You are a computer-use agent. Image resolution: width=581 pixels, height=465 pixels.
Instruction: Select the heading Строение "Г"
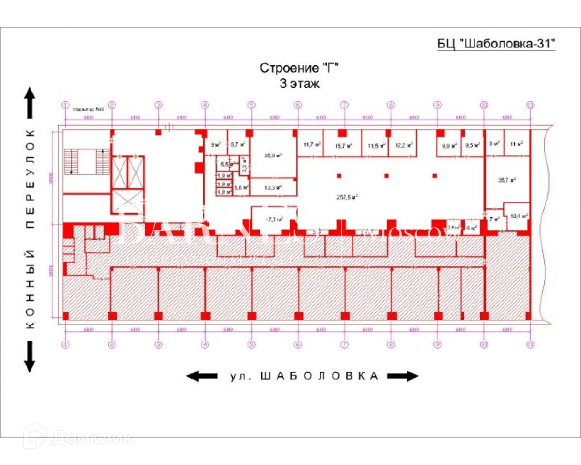[x=298, y=68]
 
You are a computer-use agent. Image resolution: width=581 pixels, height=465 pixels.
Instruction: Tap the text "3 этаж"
[x=299, y=83]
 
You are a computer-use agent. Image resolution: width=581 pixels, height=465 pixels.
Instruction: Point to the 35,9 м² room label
[x=273, y=155]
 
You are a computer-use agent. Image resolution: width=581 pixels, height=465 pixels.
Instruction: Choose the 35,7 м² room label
[x=506, y=180]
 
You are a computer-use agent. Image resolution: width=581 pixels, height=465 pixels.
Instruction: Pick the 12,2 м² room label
[x=403, y=145]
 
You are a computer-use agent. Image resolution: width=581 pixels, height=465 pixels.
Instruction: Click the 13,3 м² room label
[x=273, y=187]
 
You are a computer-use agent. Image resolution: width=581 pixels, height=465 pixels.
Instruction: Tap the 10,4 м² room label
[x=518, y=217]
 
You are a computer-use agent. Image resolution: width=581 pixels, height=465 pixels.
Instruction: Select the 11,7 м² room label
[x=312, y=144]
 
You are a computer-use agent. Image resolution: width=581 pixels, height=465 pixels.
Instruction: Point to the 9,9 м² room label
[x=449, y=145]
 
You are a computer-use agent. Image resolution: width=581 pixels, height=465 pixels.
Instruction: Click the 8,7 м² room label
[x=238, y=144]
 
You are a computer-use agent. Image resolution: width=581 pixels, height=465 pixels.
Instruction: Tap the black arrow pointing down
[x=30, y=357]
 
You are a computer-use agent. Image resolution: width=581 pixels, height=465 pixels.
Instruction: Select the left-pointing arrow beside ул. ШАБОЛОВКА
[x=202, y=376]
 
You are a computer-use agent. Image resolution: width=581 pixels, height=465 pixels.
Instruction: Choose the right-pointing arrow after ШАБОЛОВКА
[x=402, y=376]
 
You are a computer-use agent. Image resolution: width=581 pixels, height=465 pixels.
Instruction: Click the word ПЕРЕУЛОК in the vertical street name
[x=31, y=179]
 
